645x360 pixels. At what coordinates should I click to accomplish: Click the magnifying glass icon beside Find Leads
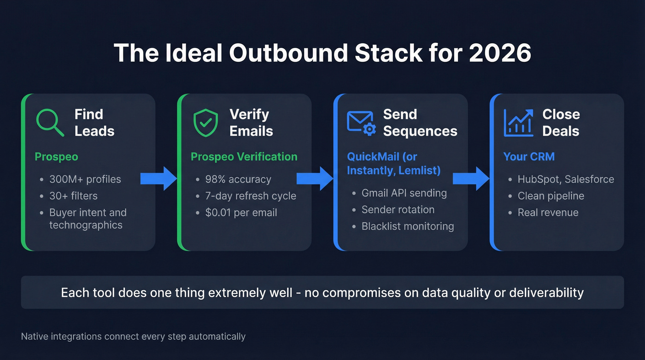[50, 122]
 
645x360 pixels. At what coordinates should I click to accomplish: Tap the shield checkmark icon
[205, 123]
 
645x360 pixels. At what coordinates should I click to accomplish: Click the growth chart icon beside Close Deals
[518, 123]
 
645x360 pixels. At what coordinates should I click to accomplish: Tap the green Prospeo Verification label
[244, 157]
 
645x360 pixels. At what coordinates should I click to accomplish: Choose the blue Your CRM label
[528, 157]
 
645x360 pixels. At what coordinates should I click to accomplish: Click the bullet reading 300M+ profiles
[85, 179]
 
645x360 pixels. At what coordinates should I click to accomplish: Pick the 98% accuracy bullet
[238, 179]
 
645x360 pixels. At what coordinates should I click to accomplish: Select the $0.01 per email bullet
[241, 212]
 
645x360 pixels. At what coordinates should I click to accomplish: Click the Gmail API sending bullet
[404, 193]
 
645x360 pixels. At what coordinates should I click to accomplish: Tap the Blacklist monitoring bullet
[407, 226]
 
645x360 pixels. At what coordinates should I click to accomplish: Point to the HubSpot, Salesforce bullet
[565, 179]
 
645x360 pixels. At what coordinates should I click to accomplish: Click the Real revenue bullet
[548, 212]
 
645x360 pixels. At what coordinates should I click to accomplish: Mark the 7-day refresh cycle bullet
[250, 196]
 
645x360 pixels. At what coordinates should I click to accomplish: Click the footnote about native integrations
[133, 336]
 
